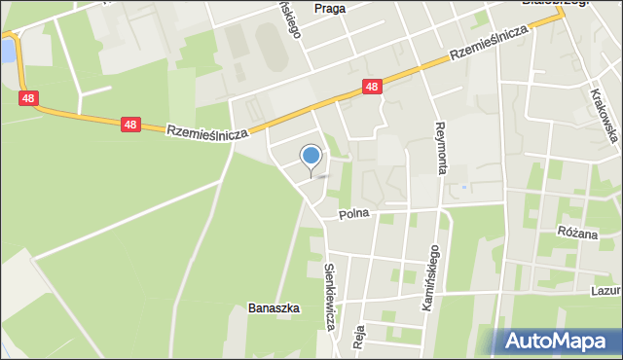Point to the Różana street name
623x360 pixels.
coord(577,232)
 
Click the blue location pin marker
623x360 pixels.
coord(311,156)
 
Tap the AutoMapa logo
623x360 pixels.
coord(559,341)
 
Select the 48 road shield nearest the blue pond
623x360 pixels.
coord(27,98)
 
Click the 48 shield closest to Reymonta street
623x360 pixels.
coord(371,87)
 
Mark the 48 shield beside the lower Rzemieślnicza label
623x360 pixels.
coord(130,125)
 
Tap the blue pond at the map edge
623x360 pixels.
coord(7,50)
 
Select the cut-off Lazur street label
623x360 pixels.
coord(605,290)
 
